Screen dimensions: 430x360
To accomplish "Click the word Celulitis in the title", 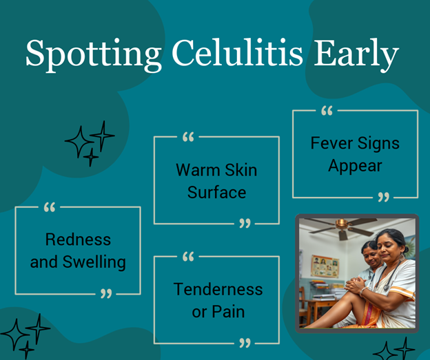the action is click(x=237, y=52).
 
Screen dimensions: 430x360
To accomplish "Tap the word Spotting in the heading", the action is click(x=94, y=55).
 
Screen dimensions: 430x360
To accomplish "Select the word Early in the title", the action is click(x=356, y=55).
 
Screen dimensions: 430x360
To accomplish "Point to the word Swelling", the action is click(x=94, y=262).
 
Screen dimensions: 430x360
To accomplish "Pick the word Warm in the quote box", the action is click(x=198, y=170).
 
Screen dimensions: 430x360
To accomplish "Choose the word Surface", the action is click(x=216, y=192).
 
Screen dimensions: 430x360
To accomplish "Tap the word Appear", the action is click(x=355, y=167).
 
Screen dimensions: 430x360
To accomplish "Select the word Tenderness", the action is click(x=218, y=289).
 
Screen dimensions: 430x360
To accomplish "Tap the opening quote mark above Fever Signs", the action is click(x=327, y=111).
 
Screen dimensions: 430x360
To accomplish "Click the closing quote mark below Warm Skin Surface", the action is click(x=245, y=223).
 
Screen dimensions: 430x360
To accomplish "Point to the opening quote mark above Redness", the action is click(x=50, y=207).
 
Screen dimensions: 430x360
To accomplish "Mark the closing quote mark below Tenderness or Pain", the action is click(x=245, y=343).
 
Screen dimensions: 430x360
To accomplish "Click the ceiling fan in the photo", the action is click(x=342, y=226).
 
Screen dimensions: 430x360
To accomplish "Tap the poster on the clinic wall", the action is click(x=325, y=266).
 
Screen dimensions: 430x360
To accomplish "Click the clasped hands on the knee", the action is click(x=355, y=285).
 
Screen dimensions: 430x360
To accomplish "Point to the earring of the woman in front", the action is click(x=402, y=257).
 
